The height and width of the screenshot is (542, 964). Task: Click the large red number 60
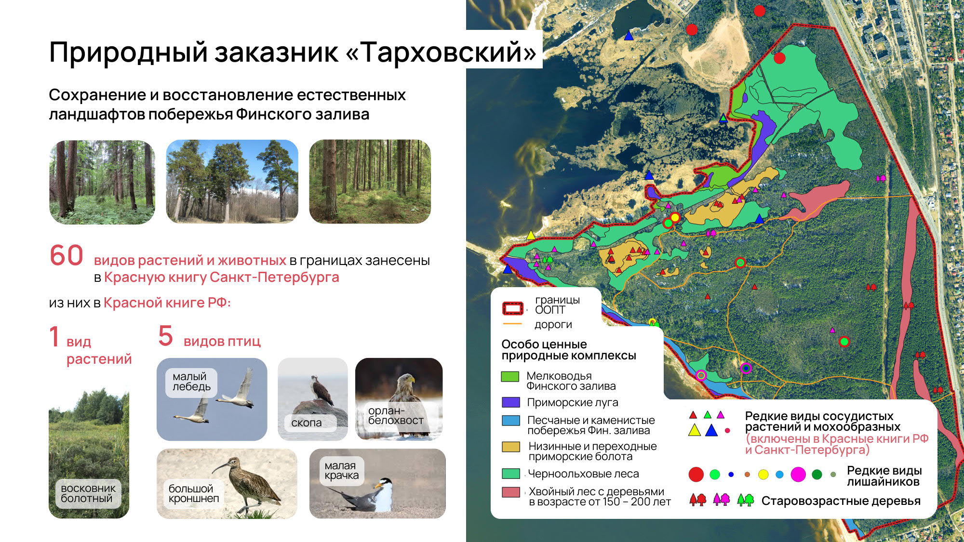click(67, 255)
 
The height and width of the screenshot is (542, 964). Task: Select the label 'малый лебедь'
click(191, 382)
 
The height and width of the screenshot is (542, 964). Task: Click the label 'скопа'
click(306, 423)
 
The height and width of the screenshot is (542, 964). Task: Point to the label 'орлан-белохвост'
click(396, 415)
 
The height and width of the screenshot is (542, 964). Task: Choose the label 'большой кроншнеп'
click(193, 493)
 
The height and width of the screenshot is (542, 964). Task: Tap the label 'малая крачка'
click(341, 471)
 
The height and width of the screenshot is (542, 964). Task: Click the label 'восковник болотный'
click(88, 493)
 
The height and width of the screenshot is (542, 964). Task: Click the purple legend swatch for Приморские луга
click(510, 402)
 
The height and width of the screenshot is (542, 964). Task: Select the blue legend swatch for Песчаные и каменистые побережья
click(510, 421)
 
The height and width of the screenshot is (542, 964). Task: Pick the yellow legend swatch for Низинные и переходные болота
click(510, 447)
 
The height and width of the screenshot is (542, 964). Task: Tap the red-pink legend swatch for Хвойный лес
click(510, 492)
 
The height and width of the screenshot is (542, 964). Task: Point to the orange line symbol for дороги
click(512, 324)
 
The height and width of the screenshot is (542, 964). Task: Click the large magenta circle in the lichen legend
click(798, 475)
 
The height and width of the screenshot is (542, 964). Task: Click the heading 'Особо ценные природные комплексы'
click(569, 350)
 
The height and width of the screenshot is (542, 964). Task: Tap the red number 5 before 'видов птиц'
click(165, 336)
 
